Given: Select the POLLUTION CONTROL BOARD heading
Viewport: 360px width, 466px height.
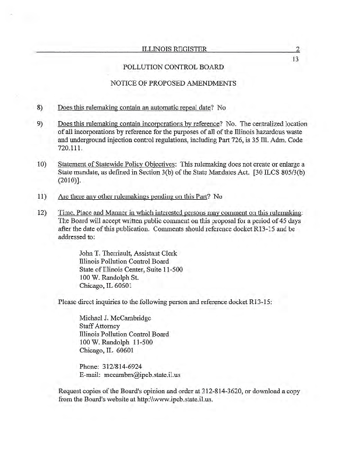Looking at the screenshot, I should click(x=174, y=68).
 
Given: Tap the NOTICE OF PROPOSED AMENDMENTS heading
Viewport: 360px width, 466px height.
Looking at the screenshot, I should click(x=173, y=83).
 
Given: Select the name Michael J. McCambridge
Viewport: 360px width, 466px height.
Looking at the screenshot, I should click(x=115, y=318).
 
